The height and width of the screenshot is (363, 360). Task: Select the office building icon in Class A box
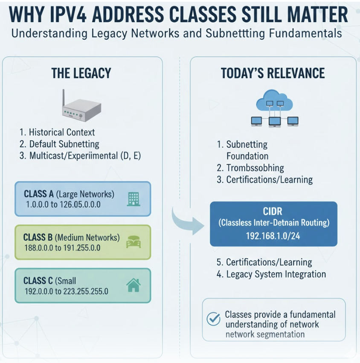134,199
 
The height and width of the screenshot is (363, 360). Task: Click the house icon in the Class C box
134,285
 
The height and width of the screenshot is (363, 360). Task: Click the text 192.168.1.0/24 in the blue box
273,236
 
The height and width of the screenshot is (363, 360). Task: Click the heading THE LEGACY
81,73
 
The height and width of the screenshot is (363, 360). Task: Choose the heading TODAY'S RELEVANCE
273,73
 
